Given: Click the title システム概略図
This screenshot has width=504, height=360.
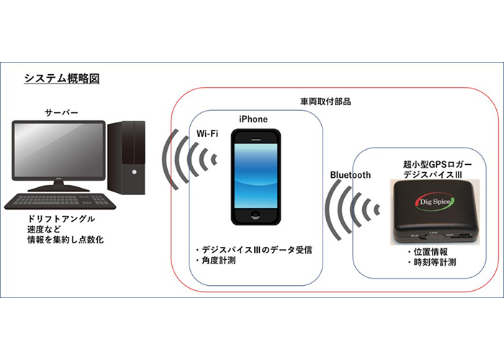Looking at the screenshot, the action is pyautogui.click(x=62, y=78).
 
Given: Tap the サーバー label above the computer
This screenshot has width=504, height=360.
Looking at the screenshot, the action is pyautogui.click(x=61, y=112).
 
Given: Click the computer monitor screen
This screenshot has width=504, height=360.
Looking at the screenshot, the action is pyautogui.click(x=58, y=150).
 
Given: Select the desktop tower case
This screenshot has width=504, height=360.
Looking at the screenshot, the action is pyautogui.click(x=126, y=158).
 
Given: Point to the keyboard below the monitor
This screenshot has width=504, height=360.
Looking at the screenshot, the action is pyautogui.click(x=60, y=202).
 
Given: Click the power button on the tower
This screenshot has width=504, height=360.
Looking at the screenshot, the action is pyautogui.click(x=135, y=172).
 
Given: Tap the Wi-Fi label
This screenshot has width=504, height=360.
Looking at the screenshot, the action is pyautogui.click(x=207, y=134).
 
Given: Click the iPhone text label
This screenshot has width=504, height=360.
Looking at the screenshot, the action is pyautogui.click(x=253, y=120).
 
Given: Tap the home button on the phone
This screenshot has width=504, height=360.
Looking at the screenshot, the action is pyautogui.click(x=256, y=215).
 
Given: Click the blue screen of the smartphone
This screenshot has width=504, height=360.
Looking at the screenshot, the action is pyautogui.click(x=256, y=176).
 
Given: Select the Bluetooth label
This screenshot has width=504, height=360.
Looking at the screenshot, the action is pyautogui.click(x=351, y=175).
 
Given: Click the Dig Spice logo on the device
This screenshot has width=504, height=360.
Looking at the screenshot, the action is pyautogui.click(x=435, y=202).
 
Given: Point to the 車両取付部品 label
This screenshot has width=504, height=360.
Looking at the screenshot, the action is pyautogui.click(x=325, y=102).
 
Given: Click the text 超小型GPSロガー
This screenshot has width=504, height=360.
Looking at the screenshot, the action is pyautogui.click(x=438, y=164).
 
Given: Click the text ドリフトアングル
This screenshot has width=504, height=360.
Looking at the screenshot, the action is pyautogui.click(x=61, y=219).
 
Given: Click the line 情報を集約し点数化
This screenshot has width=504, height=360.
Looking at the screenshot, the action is pyautogui.click(x=66, y=240).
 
